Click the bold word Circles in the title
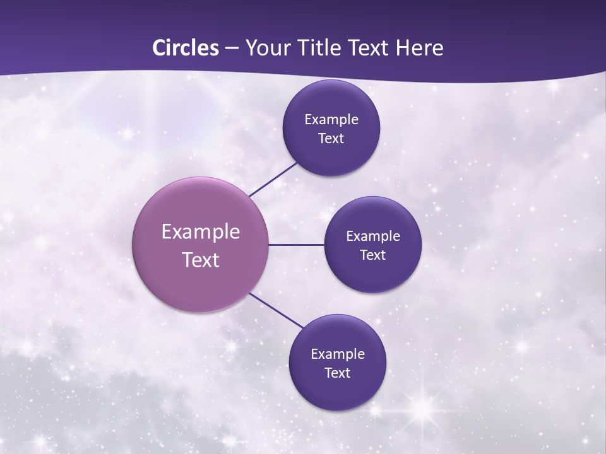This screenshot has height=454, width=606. pos(186,48)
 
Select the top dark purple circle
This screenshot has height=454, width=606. pos(331,101)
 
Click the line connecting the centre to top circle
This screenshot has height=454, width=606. pos(274,179)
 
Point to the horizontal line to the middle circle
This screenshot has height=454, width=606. pos(296,245)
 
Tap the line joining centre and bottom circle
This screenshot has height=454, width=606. pos(276,310)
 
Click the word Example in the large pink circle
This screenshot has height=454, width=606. pos(201,232)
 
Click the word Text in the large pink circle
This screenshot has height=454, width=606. pos(201,260)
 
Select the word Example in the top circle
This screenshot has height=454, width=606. pos(331,120)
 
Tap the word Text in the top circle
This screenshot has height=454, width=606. pos(331,139)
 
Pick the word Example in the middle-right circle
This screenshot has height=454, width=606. pos(373,236)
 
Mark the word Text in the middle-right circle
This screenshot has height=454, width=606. pos(373,255)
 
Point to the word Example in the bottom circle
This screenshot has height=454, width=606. pos(338,354)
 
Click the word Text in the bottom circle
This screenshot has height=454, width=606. pos(338,373)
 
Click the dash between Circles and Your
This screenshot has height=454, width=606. pos(232,49)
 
